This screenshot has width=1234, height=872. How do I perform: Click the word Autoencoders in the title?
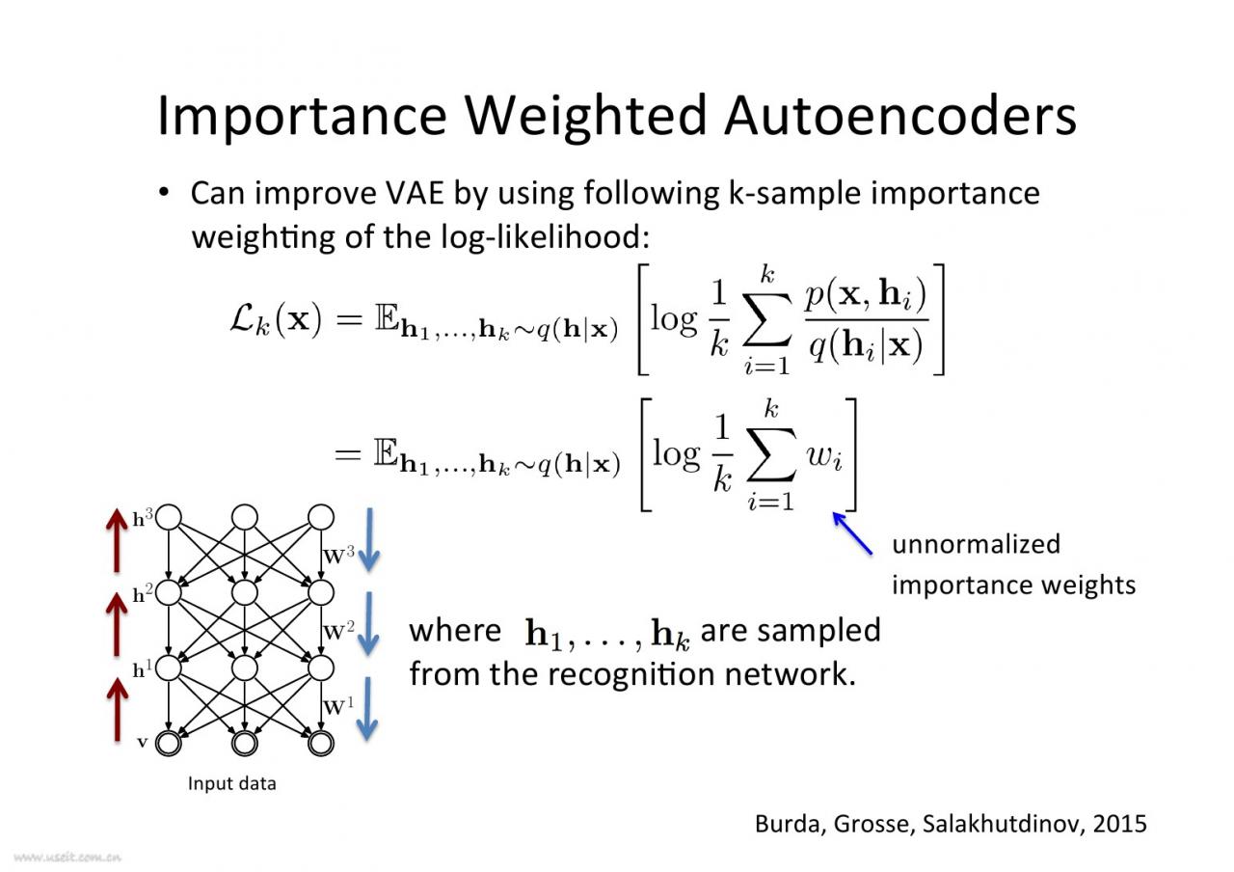899,115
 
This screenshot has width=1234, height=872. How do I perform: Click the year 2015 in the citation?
1120,823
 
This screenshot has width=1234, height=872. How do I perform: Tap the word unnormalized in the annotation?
976,544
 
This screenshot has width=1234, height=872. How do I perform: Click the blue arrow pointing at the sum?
852,533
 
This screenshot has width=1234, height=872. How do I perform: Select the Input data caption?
231,783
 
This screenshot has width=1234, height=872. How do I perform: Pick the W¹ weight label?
338,705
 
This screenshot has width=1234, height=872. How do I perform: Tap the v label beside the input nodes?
143,743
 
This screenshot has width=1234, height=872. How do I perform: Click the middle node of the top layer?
245,517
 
